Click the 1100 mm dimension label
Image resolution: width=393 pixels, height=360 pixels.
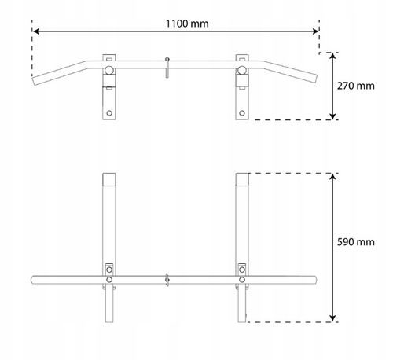tap(187, 24)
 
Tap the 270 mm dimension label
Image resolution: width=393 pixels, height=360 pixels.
tap(355, 86)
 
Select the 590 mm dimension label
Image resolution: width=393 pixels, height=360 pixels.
tap(355, 242)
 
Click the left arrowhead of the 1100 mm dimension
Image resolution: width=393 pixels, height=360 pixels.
tap(36, 31)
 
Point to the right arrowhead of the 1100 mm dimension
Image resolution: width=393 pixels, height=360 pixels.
tap(316, 31)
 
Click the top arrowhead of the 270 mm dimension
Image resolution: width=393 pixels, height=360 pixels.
tap(332, 56)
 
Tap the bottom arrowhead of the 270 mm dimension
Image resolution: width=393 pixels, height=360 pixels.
tap(332, 116)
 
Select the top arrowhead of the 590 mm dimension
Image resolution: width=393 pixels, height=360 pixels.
tap(332, 176)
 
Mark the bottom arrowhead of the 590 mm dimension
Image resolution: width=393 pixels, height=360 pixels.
tap(332, 318)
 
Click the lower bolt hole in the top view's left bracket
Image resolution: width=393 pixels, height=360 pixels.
tap(109, 113)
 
